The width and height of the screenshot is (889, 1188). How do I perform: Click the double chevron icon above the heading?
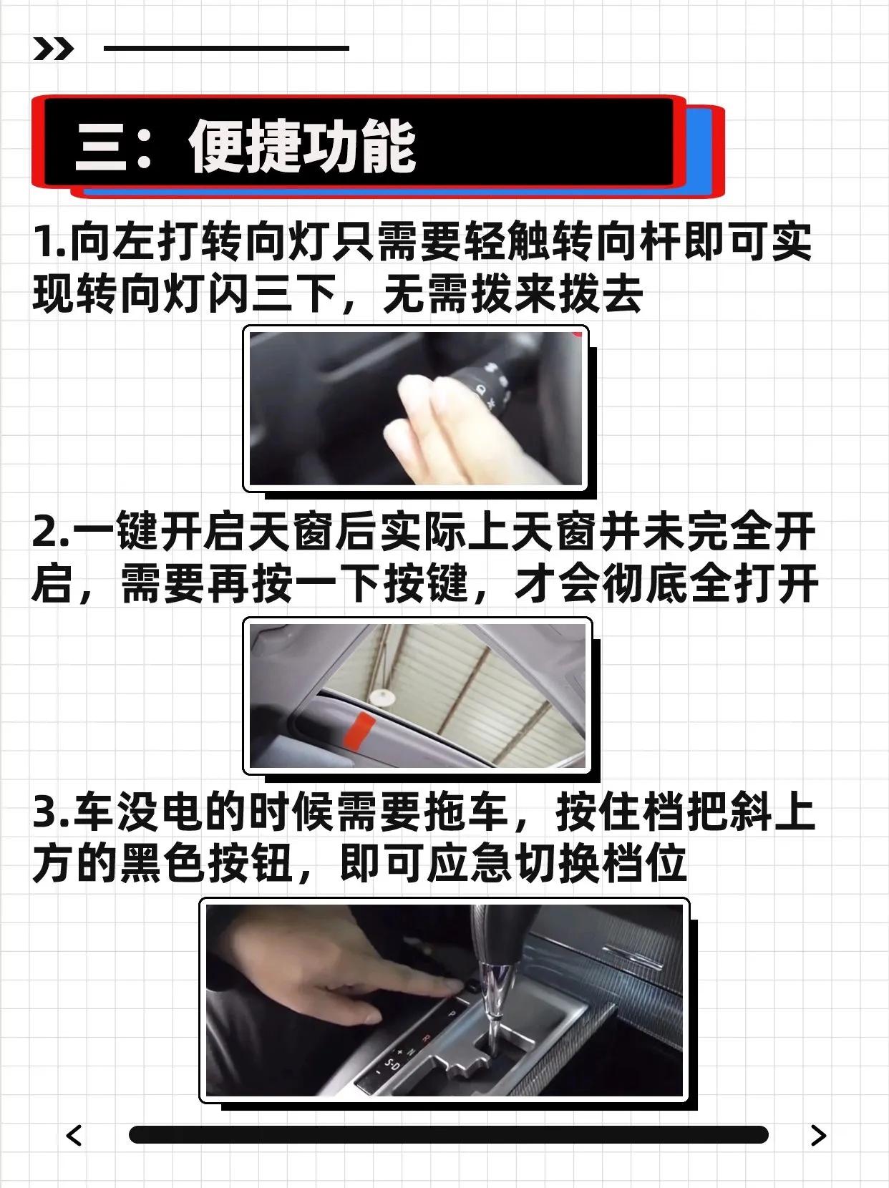click(53, 49)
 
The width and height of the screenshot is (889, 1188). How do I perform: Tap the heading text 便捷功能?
click(303, 146)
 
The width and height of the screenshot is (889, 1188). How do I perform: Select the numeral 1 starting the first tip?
click(44, 242)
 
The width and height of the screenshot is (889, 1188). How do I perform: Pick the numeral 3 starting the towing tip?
click(46, 814)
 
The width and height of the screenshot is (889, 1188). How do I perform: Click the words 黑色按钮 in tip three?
click(206, 864)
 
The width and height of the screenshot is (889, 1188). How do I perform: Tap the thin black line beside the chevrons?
click(226, 48)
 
